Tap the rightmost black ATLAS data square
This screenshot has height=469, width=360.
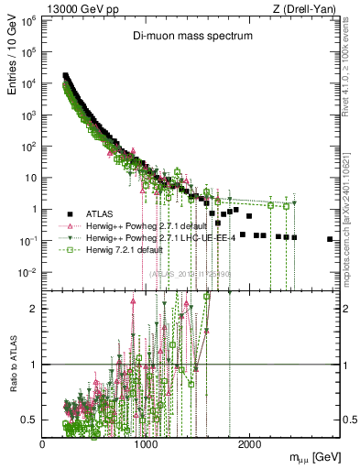330,239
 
